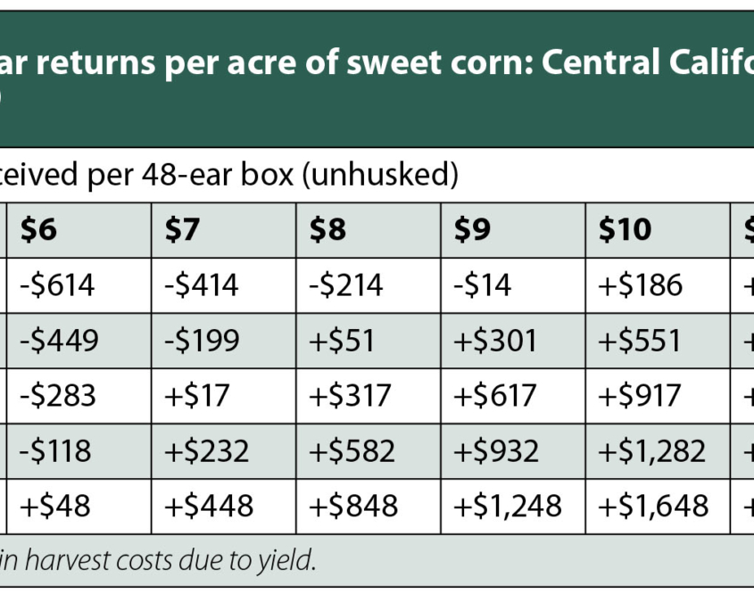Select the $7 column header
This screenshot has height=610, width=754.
182,230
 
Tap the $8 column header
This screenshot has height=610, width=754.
327,230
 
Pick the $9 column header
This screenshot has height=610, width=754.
472,230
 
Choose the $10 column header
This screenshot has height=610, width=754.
625,230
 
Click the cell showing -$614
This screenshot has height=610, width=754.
57,285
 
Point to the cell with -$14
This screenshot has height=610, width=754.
482,285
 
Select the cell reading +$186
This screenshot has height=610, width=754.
640,285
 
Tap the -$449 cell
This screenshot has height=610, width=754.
57,341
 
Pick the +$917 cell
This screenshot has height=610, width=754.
640,395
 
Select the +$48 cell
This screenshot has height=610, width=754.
54,506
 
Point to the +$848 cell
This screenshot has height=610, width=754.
353,506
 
